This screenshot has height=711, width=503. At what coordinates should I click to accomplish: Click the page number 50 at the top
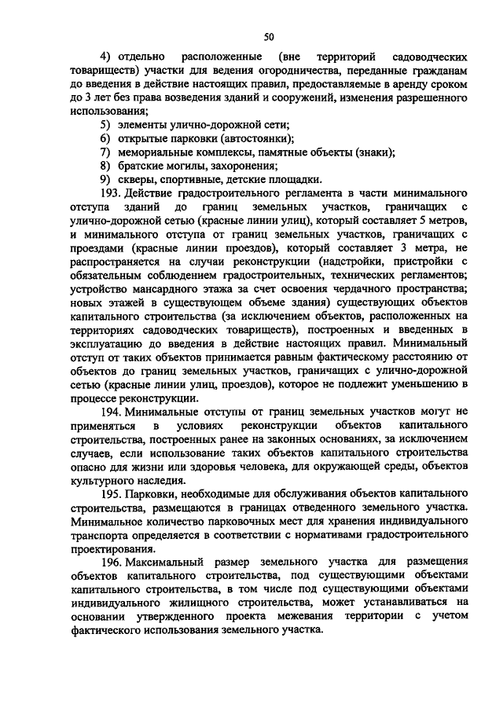(269, 36)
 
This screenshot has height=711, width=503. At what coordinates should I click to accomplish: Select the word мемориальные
(161, 152)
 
